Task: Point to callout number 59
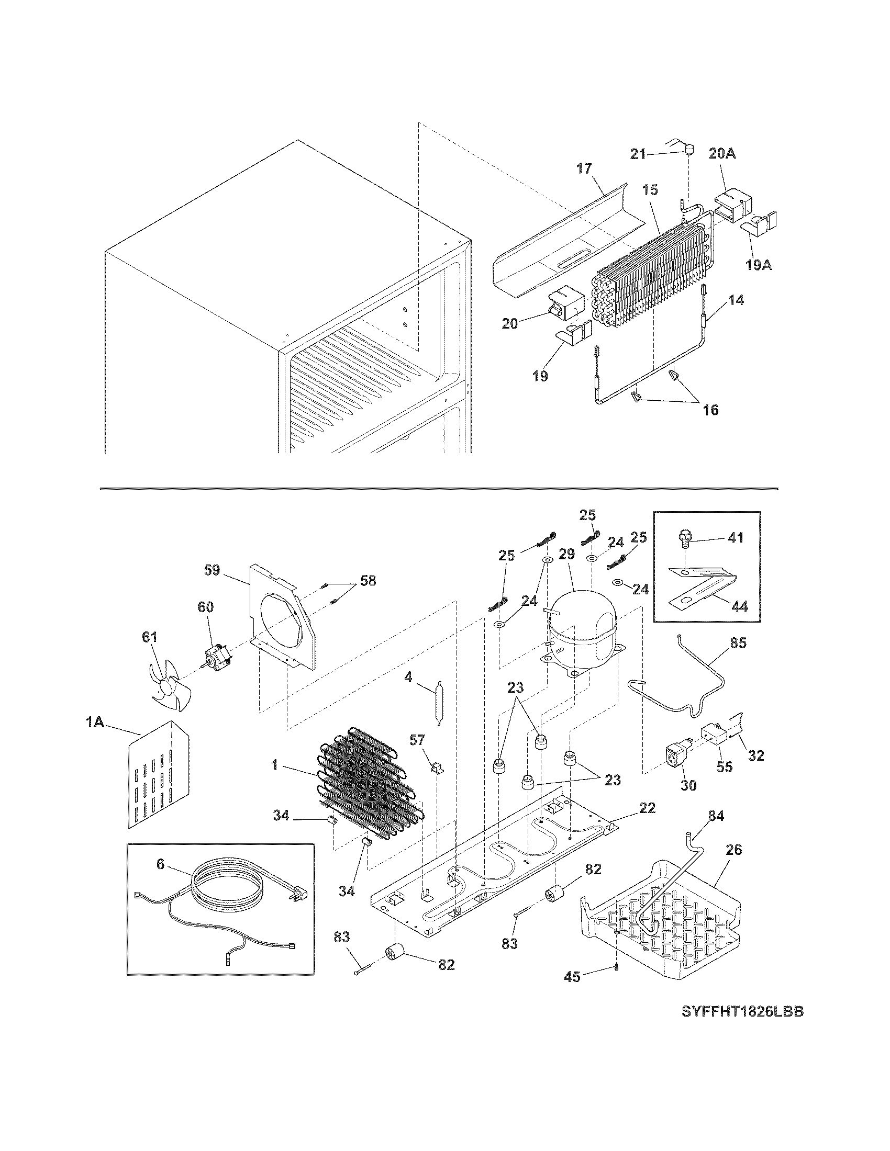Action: (x=212, y=571)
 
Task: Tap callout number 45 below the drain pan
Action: (x=572, y=977)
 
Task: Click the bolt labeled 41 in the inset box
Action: (x=684, y=538)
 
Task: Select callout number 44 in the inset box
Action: (x=740, y=606)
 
